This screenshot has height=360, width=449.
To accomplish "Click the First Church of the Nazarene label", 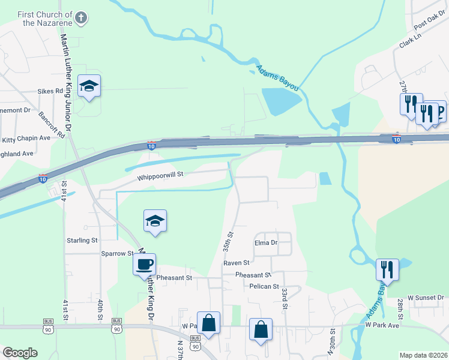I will (45, 18).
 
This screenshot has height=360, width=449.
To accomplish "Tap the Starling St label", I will (82, 241).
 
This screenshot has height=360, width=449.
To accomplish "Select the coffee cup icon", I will (144, 264).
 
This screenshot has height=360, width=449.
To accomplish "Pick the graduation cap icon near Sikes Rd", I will (89, 86).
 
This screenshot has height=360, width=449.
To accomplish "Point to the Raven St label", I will (236, 263).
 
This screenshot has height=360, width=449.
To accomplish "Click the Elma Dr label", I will (266, 243).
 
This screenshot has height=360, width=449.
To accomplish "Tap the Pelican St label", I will (264, 287).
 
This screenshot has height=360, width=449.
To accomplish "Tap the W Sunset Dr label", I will (425, 298).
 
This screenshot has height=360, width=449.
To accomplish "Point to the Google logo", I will (20, 353).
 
